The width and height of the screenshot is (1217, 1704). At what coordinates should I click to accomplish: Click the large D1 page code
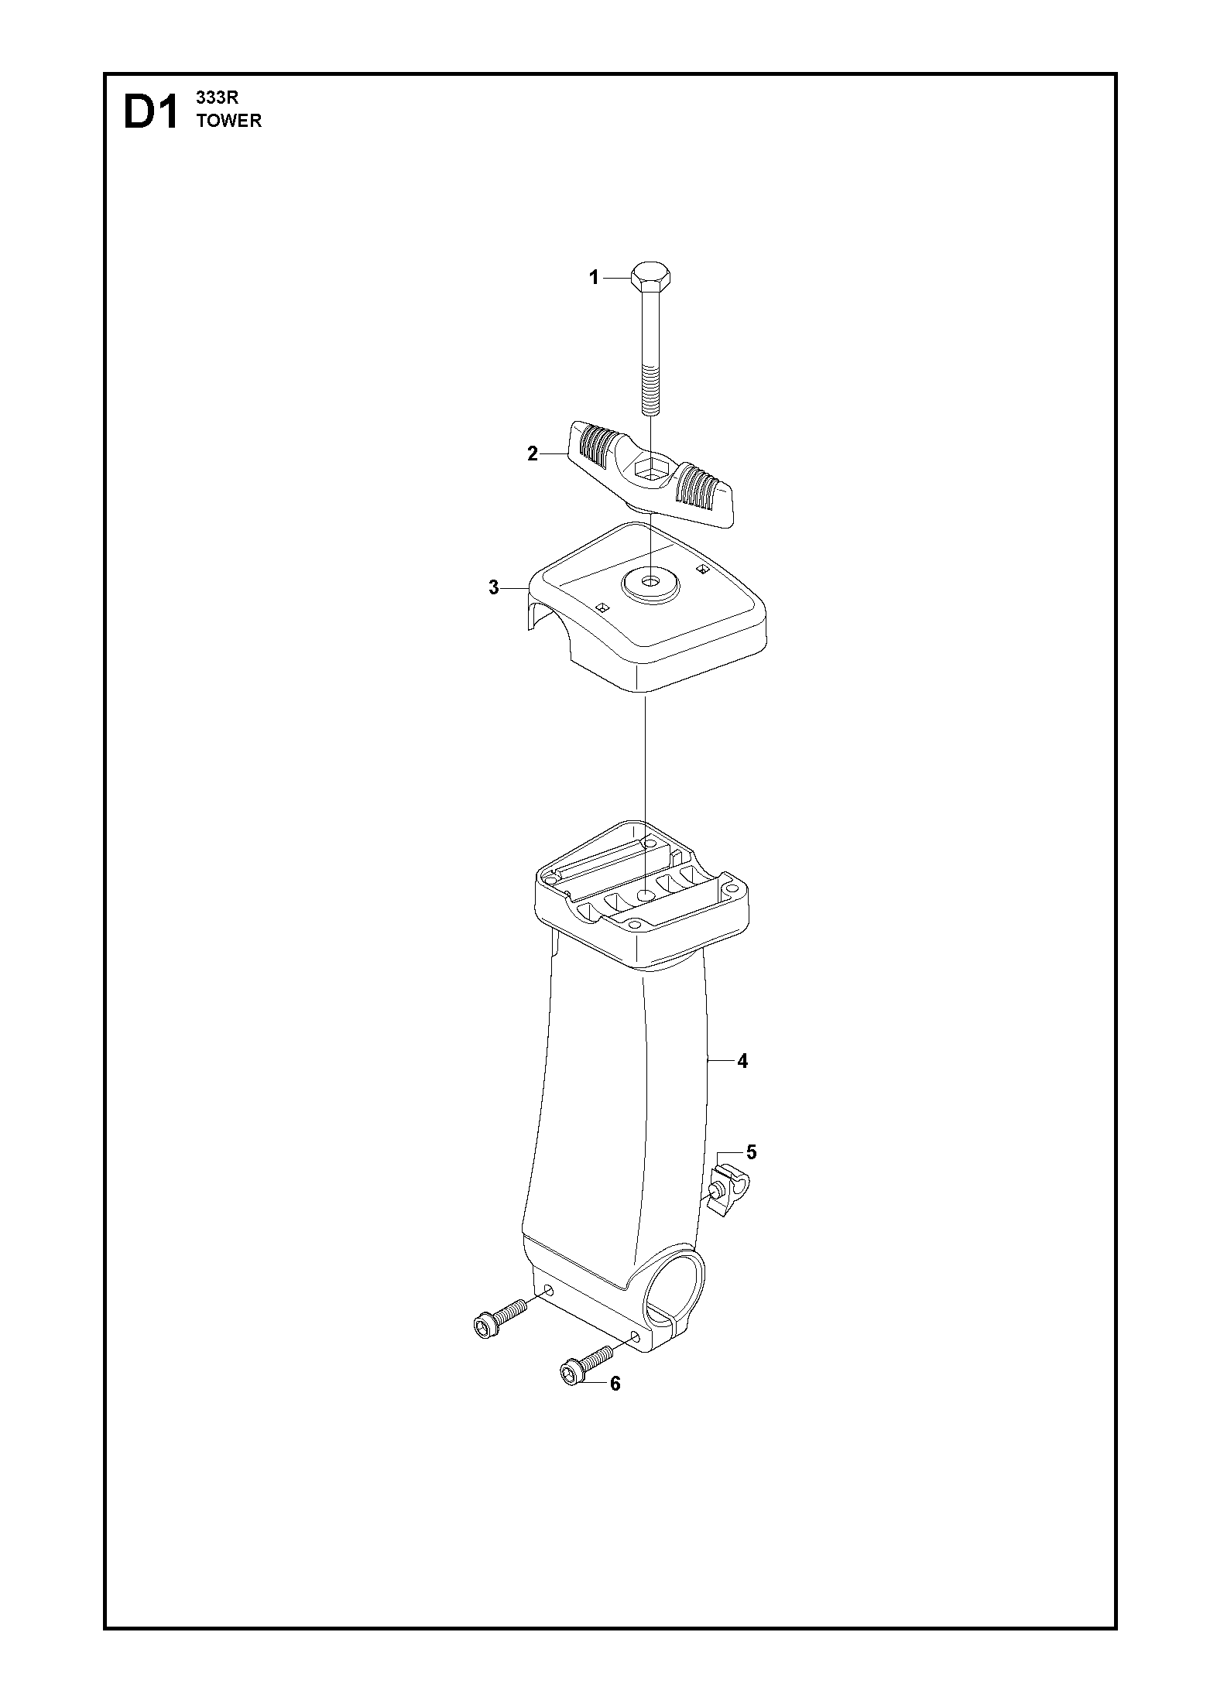[x=150, y=113]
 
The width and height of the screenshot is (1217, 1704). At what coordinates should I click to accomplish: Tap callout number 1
[x=595, y=278]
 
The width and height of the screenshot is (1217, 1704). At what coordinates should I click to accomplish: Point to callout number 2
[x=533, y=454]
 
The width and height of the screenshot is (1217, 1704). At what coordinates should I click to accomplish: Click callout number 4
[x=742, y=1062]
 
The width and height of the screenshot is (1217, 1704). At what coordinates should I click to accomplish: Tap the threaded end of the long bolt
[x=650, y=394]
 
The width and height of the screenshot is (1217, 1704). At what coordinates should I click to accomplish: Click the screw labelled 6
[x=585, y=1364]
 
